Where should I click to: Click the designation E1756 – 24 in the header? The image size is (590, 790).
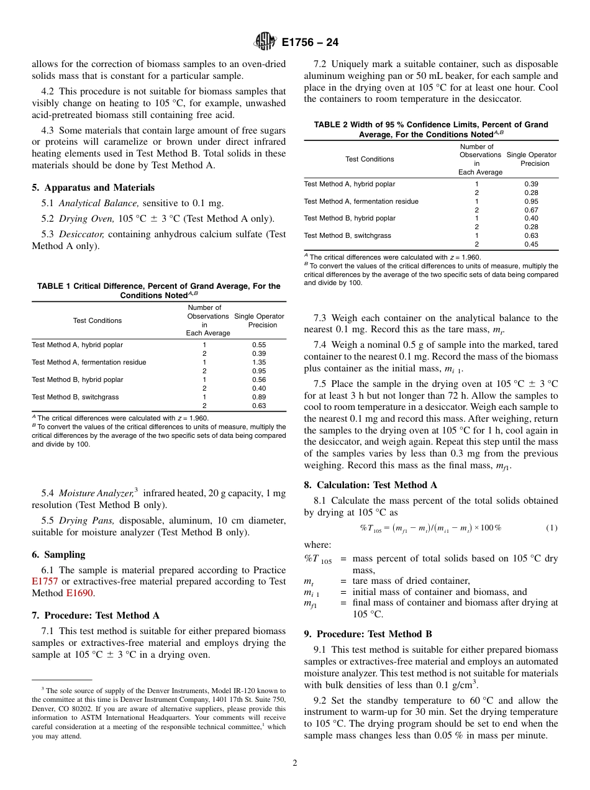tap(310, 43)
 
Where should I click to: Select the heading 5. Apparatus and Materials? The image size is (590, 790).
tap(93, 188)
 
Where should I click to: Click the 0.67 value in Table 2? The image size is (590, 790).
tap(531, 210)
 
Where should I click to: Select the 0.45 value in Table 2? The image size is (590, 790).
tap(531, 244)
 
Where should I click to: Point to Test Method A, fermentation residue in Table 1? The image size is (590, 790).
tap(89, 362)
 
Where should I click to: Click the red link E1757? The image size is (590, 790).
tap(45, 582)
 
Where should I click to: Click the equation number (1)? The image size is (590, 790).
tap(551, 528)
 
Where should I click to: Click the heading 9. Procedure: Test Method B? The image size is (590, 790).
tap(368, 634)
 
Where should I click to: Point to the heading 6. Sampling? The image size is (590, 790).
tap(58, 555)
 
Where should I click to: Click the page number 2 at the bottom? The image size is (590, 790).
tap(295, 763)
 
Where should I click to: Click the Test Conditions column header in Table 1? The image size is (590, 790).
tap(98, 320)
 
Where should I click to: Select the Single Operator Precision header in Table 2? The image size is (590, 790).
tap(531, 159)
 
